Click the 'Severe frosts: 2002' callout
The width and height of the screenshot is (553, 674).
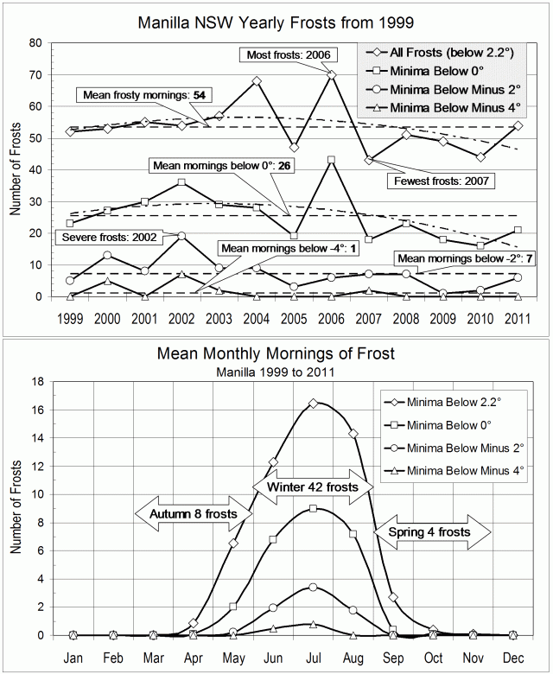pyautogui.click(x=102, y=236)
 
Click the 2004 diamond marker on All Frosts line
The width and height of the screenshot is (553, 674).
pyautogui.click(x=257, y=81)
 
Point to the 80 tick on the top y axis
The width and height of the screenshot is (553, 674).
pyautogui.click(x=35, y=42)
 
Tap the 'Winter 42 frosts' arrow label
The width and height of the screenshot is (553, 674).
pyautogui.click(x=313, y=486)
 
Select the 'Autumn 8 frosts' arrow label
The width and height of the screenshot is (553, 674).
pyautogui.click(x=194, y=513)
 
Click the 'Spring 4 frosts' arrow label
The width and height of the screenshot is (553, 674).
pyautogui.click(x=429, y=532)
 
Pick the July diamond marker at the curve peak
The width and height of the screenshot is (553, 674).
pyautogui.click(x=313, y=403)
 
